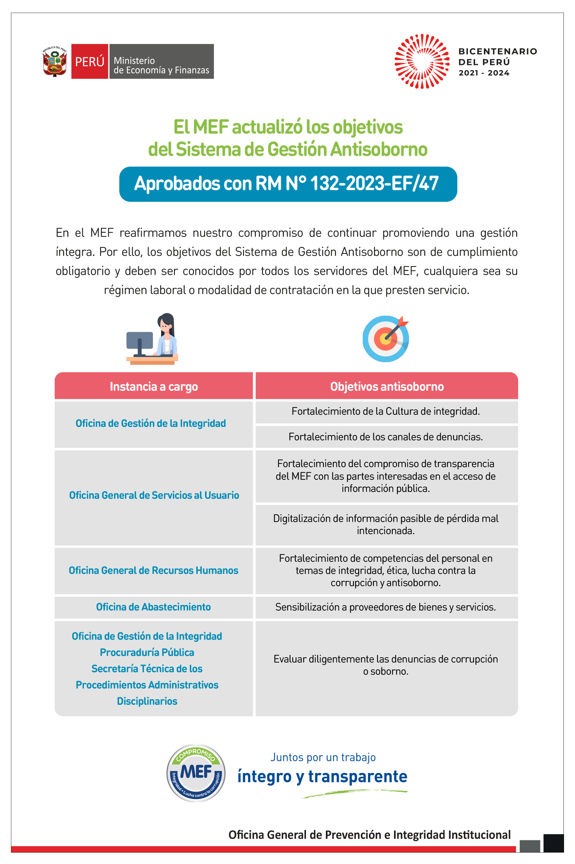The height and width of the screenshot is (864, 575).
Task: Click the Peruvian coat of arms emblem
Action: pyautogui.click(x=55, y=61)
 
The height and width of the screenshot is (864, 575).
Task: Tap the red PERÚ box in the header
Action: pyautogui.click(x=90, y=61)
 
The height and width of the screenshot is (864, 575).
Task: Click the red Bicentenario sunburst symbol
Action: pyautogui.click(x=422, y=61)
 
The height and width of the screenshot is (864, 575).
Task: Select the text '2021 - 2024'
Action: pyautogui.click(x=484, y=73)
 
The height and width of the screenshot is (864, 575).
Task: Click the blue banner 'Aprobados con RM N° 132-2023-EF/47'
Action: pyautogui.click(x=288, y=184)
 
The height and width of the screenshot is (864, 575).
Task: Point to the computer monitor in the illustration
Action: pyautogui.click(x=140, y=340)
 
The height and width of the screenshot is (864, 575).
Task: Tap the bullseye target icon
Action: pyautogui.click(x=385, y=339)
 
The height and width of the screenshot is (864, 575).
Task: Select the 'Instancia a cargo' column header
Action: pyautogui.click(x=154, y=386)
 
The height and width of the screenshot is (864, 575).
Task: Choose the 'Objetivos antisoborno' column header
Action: pyautogui.click(x=387, y=386)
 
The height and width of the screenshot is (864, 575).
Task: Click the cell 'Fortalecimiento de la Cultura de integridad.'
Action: pyautogui.click(x=385, y=411)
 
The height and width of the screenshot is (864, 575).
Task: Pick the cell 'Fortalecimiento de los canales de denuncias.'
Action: pyautogui.click(x=385, y=437)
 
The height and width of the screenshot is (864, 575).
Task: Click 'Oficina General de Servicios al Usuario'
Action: pyautogui.click(x=154, y=495)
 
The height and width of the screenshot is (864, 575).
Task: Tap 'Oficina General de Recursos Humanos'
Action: pyautogui.click(x=153, y=570)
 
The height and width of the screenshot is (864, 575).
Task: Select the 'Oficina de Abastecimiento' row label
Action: pyautogui.click(x=153, y=607)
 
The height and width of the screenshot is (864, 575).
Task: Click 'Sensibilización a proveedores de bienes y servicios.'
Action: pyautogui.click(x=385, y=607)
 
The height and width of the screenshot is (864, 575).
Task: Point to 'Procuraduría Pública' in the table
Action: pyautogui.click(x=147, y=652)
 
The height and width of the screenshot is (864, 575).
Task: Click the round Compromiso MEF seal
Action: pyautogui.click(x=196, y=773)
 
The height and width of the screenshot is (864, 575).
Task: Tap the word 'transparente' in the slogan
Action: pyautogui.click(x=357, y=776)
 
